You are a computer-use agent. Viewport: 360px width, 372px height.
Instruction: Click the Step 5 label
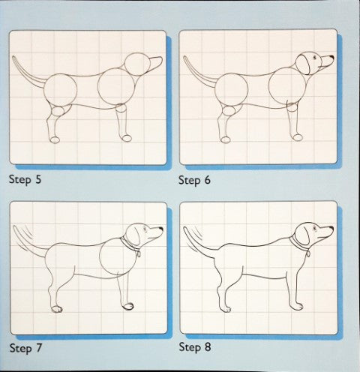coord(24,180)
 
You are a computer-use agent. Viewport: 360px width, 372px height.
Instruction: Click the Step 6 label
coord(194,181)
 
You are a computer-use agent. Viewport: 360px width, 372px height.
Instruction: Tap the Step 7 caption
coord(24,348)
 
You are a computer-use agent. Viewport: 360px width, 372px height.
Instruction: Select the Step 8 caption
coord(194,348)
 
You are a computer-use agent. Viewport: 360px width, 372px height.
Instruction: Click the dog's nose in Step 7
coord(161,230)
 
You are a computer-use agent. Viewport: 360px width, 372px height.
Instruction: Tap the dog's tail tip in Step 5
coord(13,60)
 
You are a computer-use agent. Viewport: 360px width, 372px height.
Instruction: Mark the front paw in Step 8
coord(298,306)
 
